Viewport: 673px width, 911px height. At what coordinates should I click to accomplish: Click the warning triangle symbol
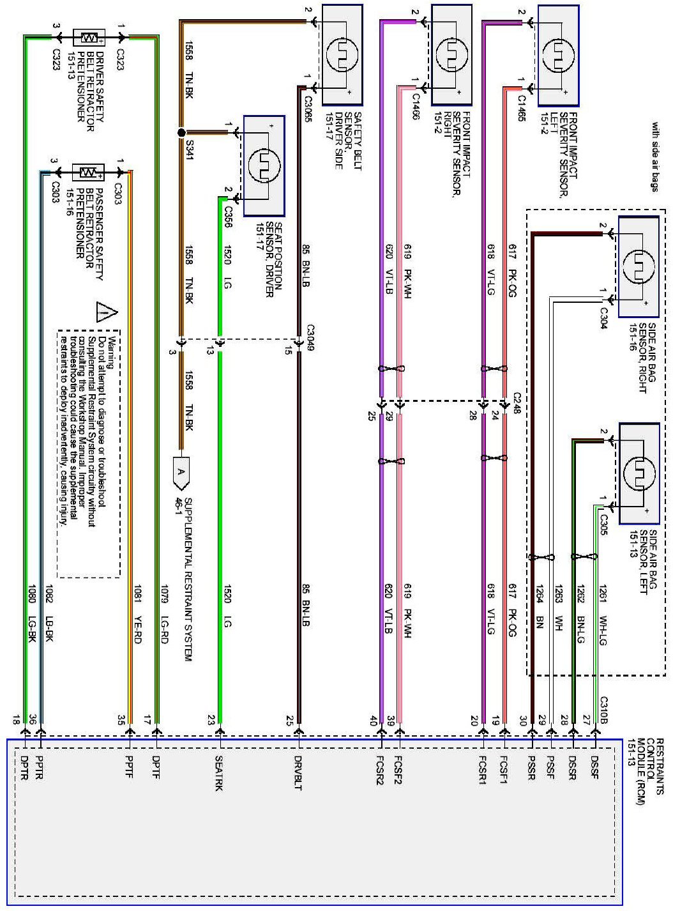(106, 312)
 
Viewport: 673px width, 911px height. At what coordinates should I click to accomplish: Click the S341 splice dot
(181, 133)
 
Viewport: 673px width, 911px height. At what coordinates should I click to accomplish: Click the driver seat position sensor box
(264, 166)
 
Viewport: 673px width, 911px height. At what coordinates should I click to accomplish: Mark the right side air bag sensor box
(639, 267)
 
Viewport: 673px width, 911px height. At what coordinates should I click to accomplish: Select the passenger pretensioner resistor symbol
(88, 172)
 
